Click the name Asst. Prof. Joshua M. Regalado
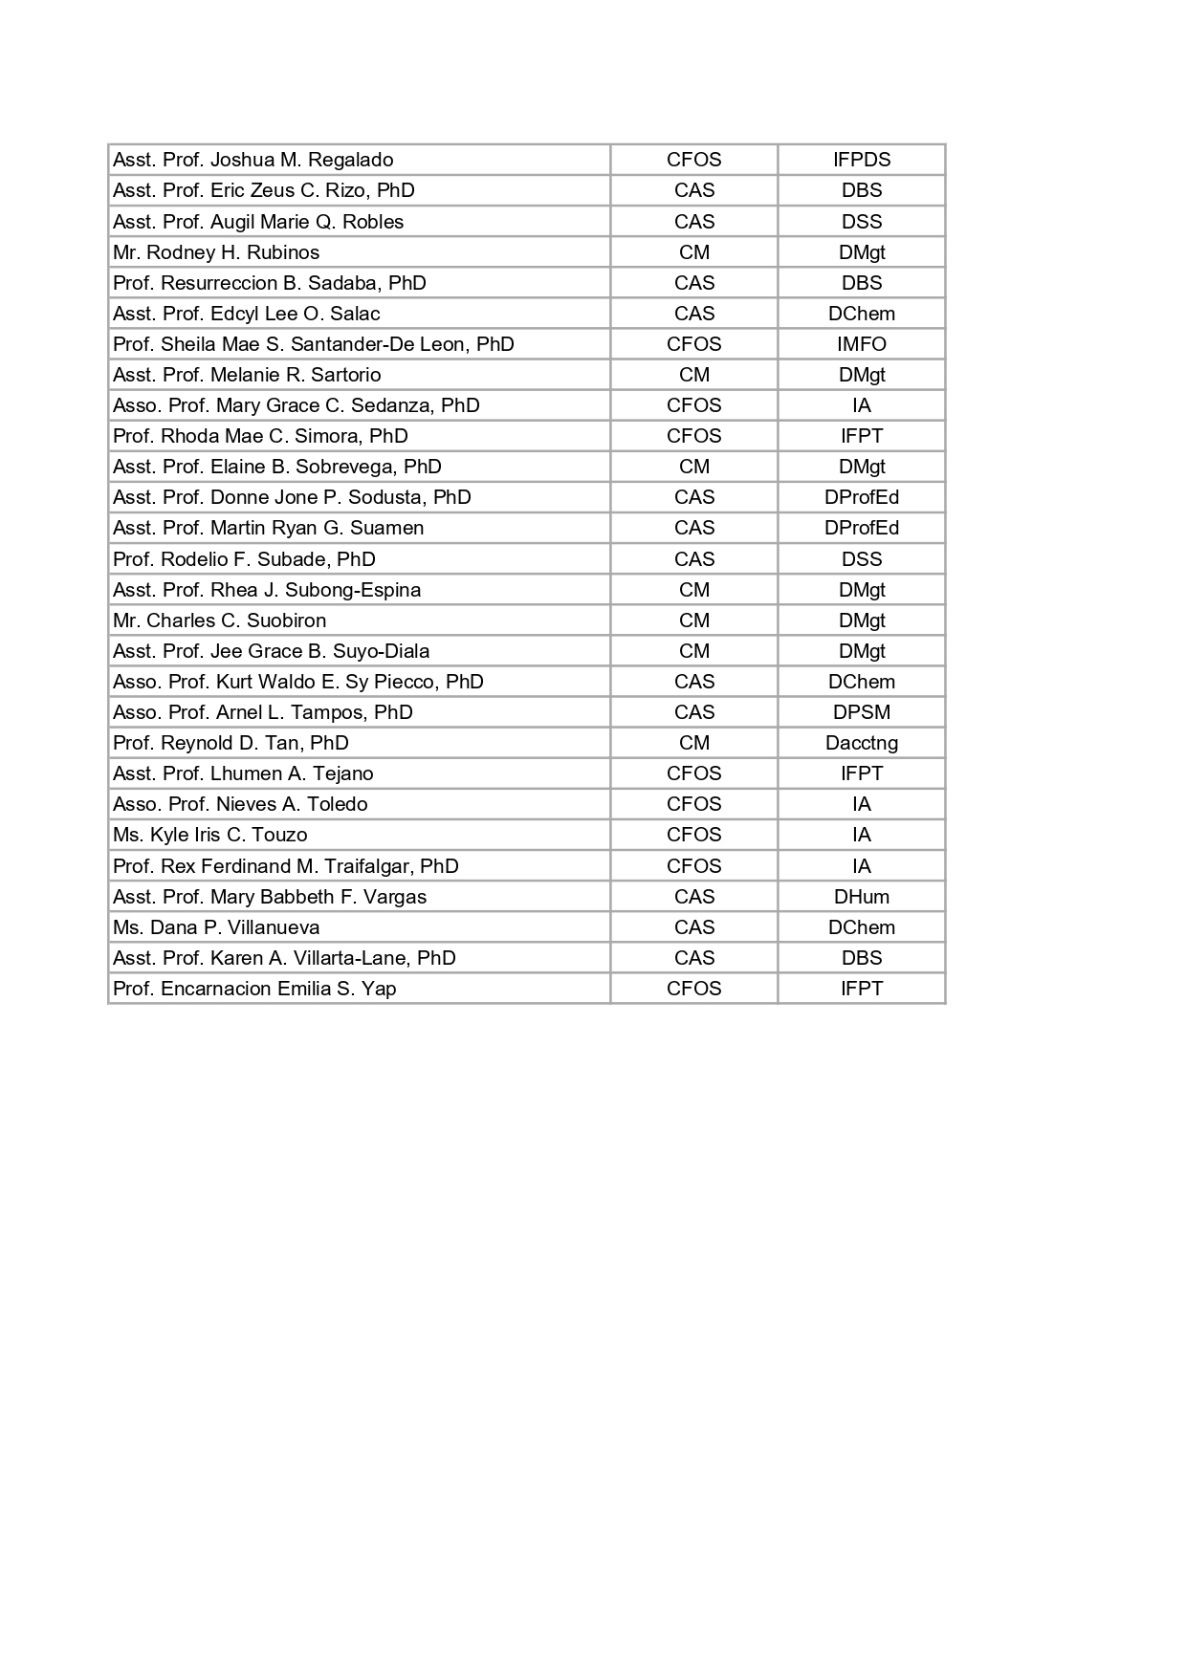point(253,160)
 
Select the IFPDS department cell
point(861,160)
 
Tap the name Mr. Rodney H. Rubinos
point(216,252)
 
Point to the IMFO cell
point(861,344)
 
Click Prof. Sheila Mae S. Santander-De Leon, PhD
point(314,344)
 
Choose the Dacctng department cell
point(861,743)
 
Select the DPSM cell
point(861,712)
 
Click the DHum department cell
point(861,897)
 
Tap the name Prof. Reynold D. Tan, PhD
point(231,743)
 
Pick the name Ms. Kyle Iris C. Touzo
point(210,835)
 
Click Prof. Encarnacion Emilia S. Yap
point(254,989)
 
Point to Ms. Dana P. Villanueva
point(216,927)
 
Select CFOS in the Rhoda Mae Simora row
point(693,436)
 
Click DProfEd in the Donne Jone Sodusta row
point(861,497)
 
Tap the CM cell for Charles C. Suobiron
point(693,621)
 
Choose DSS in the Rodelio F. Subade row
point(861,559)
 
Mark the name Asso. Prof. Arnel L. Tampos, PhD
point(263,712)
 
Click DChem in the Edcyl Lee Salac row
point(861,314)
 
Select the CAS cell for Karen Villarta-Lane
point(693,958)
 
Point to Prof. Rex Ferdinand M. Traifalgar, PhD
point(286,866)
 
